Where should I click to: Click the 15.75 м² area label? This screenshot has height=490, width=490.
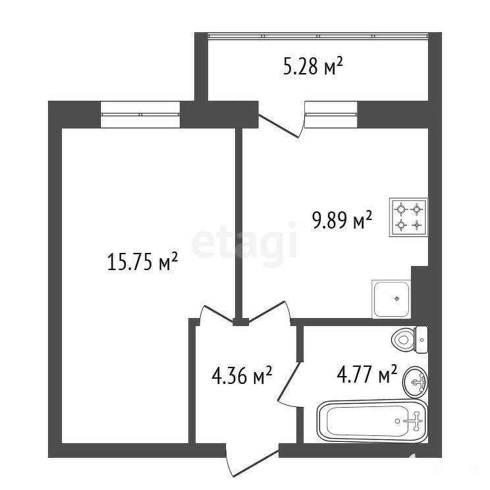pos(142,261)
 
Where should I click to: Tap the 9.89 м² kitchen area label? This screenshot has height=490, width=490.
pos(342,220)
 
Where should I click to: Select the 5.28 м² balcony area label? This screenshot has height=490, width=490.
pos(313,66)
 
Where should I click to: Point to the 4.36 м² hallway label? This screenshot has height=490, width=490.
pos(242,375)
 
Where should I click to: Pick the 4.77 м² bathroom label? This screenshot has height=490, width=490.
pos(367,374)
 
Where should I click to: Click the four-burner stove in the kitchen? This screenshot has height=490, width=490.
pos(408,217)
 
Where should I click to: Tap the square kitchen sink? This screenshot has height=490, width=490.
pos(391,299)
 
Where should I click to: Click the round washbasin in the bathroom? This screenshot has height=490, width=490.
pos(416,381)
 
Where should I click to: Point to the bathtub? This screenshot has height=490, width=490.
pos(372,421)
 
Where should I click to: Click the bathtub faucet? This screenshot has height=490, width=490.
pos(416,421)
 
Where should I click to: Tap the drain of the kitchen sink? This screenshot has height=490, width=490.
pos(397,299)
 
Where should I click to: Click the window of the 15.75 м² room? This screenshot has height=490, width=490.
pos(140,115)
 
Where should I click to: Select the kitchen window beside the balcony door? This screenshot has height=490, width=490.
pos(331,115)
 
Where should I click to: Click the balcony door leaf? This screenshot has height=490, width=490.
pos(279,126)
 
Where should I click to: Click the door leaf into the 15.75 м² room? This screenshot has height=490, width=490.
pos(219,313)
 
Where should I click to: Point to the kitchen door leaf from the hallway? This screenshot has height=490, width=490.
pos(267,312)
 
